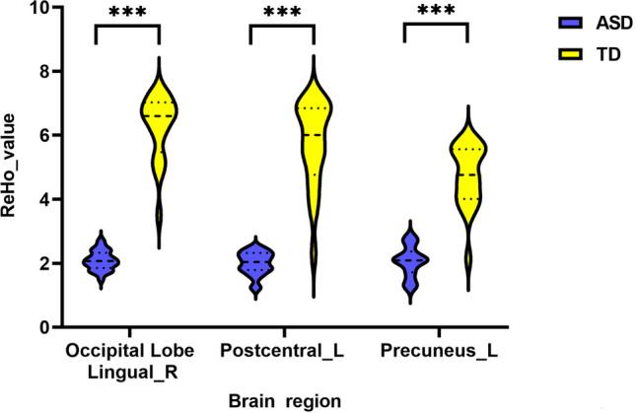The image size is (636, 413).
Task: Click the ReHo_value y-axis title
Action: point(16,169)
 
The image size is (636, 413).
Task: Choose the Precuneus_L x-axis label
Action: point(437,351)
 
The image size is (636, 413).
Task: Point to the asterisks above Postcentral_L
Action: point(282,14)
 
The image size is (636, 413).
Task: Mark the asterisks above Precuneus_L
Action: point(436,14)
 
